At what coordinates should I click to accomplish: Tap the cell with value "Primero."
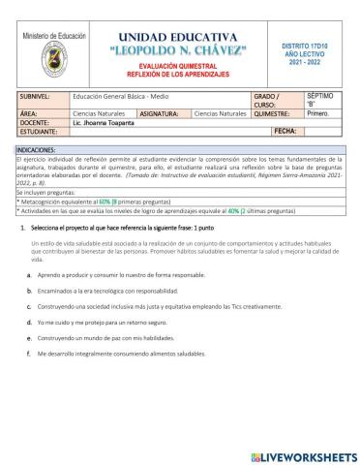[x=318, y=113]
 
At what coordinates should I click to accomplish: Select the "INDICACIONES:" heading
[x=42, y=151]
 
